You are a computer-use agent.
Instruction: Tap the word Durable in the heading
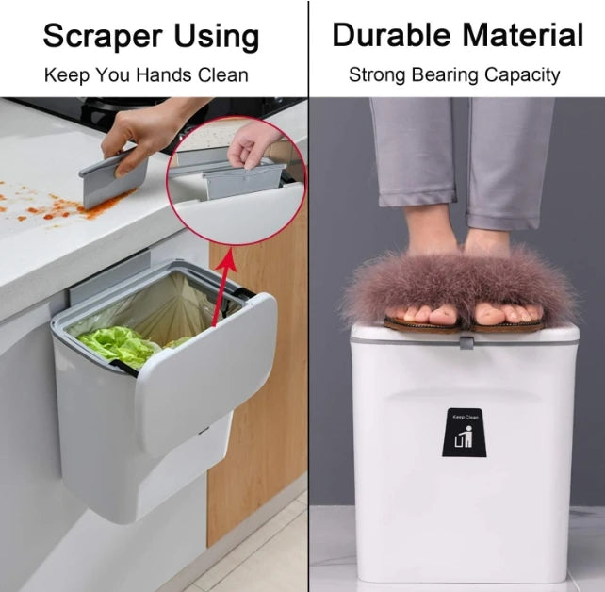coord(387,35)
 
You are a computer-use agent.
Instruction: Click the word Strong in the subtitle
coord(377,74)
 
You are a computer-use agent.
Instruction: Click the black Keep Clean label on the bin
coord(464,433)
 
